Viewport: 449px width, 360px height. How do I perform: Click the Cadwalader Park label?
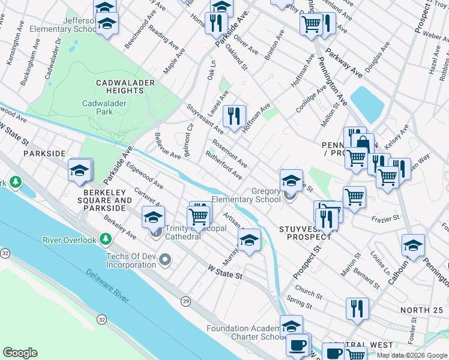pos(97,107)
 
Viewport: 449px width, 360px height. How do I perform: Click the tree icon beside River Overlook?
pos(106,240)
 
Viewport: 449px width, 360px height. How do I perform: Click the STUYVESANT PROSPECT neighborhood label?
pos(306,233)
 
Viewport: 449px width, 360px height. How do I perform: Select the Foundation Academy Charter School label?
pos(245,332)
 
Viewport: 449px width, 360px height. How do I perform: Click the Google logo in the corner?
pos(20,353)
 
